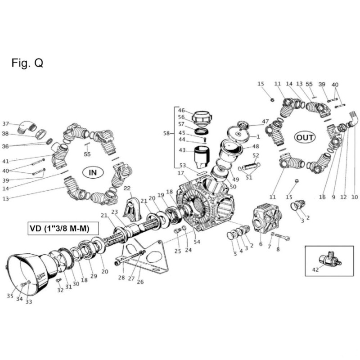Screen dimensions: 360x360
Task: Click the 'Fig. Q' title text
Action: (27, 63)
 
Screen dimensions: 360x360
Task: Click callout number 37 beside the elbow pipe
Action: (5, 124)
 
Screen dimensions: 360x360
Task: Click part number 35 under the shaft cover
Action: (10, 296)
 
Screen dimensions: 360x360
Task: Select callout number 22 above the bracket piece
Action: (127, 188)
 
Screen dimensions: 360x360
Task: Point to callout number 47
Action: (265, 121)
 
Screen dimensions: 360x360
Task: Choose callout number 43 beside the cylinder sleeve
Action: (182, 150)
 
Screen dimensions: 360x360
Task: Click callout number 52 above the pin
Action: (256, 156)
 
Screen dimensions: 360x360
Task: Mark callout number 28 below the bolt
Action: (121, 278)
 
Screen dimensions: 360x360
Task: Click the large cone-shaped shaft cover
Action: (31, 272)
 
